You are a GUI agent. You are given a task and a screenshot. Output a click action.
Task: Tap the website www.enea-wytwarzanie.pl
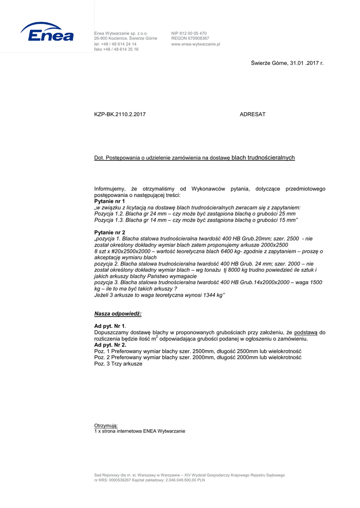pos(196,44)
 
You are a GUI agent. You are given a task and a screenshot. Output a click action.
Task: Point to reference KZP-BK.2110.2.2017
pos(120,115)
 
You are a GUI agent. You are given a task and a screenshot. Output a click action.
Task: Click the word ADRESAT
pos(252,115)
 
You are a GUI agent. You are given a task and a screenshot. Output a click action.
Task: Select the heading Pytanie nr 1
pos(110,202)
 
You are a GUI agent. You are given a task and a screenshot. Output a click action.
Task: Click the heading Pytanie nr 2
pos(110,232)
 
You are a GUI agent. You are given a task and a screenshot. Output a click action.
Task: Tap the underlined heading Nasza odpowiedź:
pos(118,314)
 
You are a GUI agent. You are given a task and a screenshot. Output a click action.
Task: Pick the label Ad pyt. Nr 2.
pos(110,345)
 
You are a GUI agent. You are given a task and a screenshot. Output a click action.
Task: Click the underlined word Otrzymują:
pos(106,426)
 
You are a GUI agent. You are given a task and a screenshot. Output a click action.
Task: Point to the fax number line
pos(116,50)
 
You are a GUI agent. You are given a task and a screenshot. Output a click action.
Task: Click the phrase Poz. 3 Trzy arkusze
pos(118,364)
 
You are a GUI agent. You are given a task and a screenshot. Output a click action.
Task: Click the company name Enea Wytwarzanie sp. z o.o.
pos(121,33)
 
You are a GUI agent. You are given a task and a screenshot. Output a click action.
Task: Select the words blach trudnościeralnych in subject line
pos(263,158)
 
